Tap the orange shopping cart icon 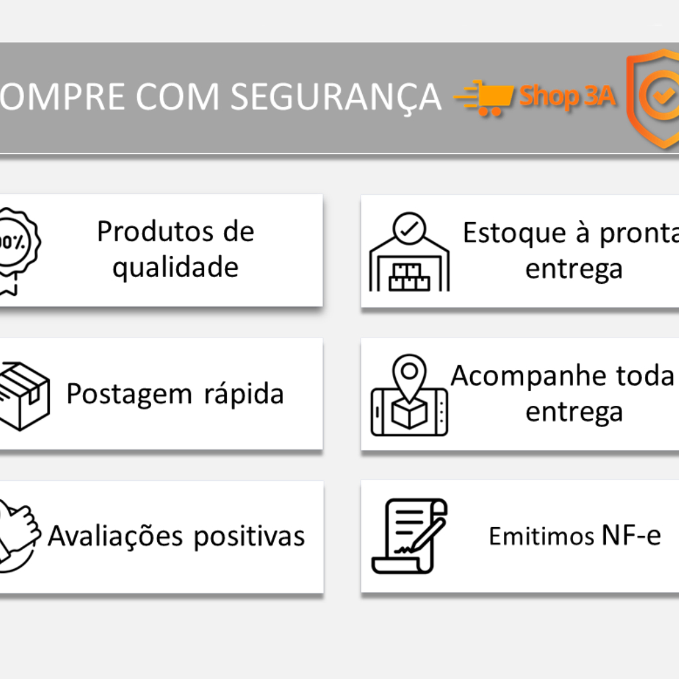[x=484, y=97]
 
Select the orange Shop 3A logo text [x=568, y=96]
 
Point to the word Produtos [x=155, y=231]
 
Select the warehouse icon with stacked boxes [x=409, y=251]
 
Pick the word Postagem [x=129, y=395]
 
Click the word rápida [x=244, y=394]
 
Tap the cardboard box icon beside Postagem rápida [x=24, y=397]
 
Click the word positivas [x=249, y=536]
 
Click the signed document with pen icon [x=409, y=536]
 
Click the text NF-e [x=631, y=535]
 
